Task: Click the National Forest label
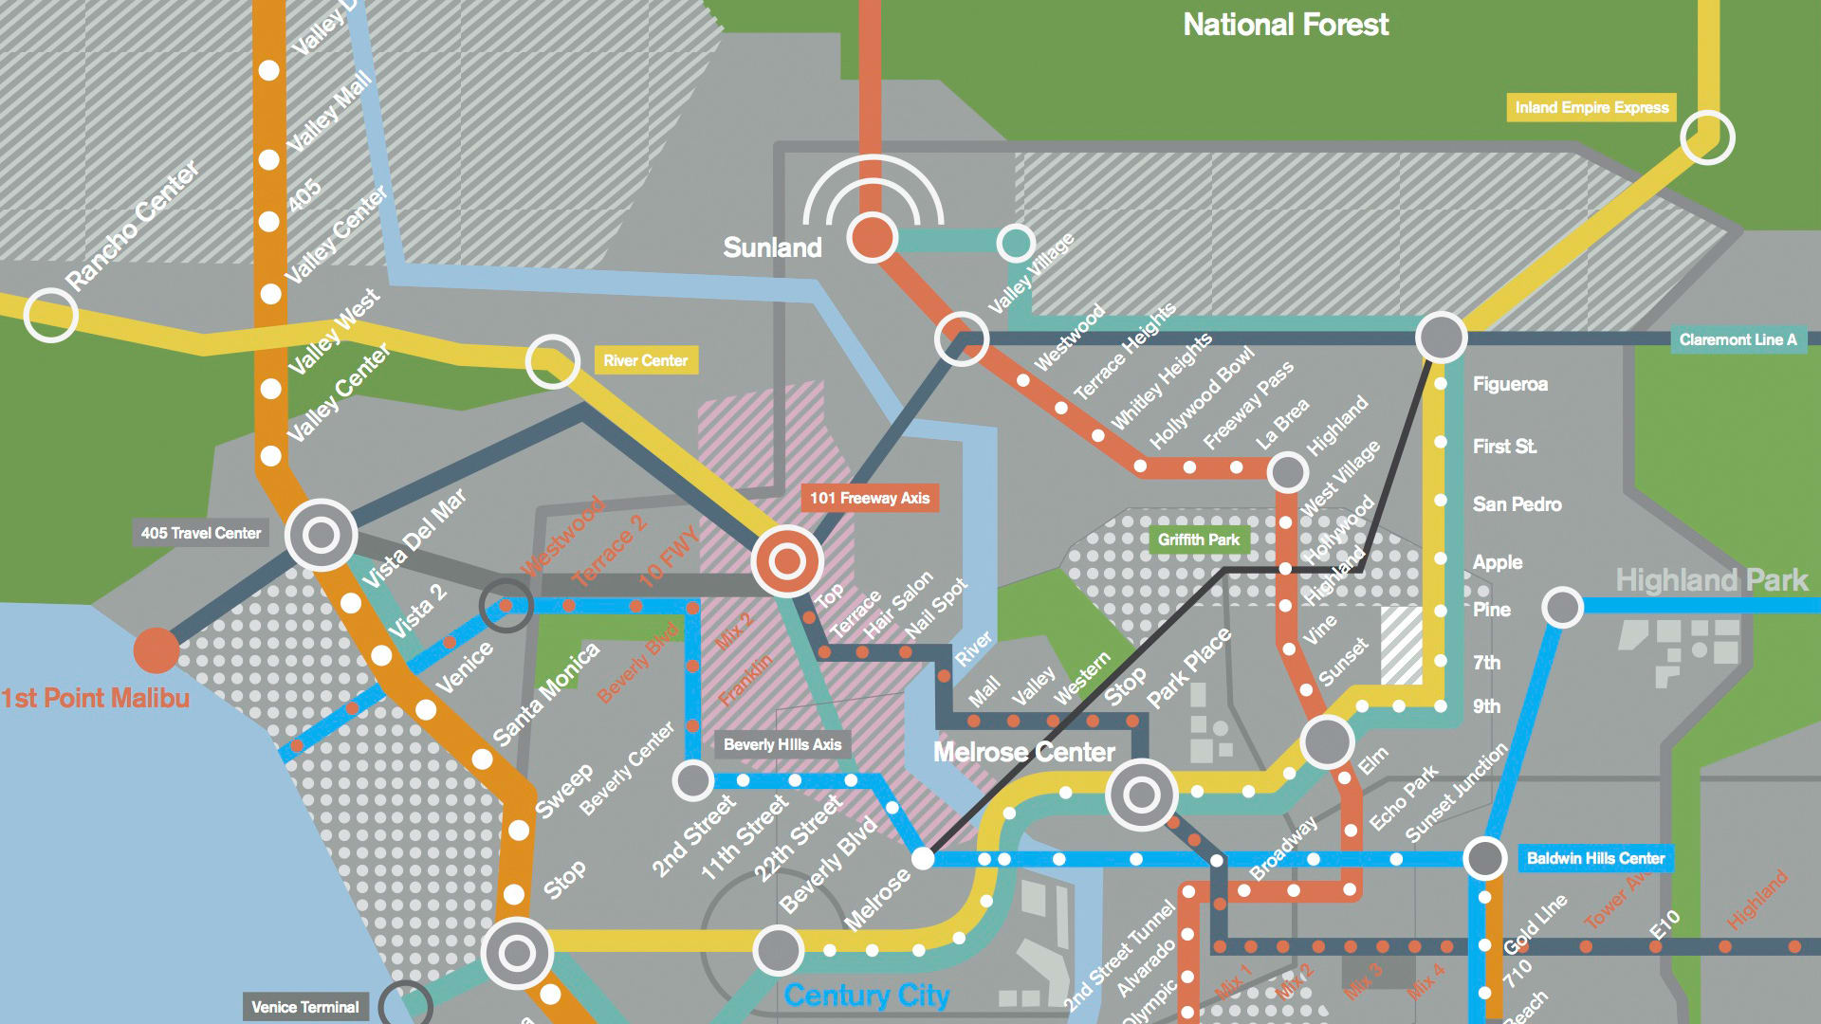click(1285, 25)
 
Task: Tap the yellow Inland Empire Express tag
click(1591, 107)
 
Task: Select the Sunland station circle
click(872, 237)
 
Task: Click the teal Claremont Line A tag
click(1738, 339)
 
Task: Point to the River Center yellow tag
click(645, 360)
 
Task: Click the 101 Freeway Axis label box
click(869, 498)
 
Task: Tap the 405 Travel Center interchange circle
click(321, 535)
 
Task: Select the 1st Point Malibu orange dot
click(156, 650)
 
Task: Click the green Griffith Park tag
click(1198, 539)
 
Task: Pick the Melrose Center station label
click(1023, 752)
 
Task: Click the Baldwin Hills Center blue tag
click(1595, 858)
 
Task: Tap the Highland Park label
click(1711, 580)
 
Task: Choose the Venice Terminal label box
click(304, 1007)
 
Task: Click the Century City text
click(866, 995)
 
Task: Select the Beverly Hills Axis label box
click(782, 744)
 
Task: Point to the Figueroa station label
click(1510, 384)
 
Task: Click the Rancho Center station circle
click(50, 315)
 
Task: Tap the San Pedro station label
click(1517, 504)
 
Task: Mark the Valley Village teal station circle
click(1015, 243)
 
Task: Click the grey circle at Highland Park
click(1562, 607)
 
